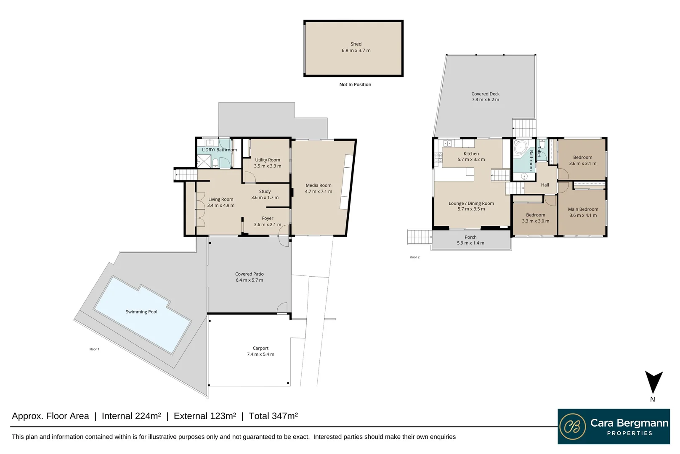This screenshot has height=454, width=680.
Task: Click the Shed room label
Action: [356, 44]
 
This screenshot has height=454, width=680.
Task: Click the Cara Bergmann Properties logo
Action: [614, 426]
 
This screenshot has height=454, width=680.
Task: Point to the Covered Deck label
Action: [485, 94]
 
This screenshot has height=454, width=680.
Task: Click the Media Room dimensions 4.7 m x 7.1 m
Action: [319, 192]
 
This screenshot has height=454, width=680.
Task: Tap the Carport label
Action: [260, 348]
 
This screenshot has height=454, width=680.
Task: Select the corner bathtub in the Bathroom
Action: [520, 148]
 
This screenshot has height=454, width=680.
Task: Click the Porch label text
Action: [470, 238]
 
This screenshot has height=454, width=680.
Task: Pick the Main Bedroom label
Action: [583, 209]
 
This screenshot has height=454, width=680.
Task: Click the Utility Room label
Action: [267, 160]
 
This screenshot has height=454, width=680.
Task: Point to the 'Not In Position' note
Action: [355, 85]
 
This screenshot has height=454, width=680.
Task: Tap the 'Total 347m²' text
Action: [273, 416]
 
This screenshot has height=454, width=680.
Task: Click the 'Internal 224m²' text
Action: [131, 416]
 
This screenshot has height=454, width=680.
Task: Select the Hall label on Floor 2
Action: [545, 185]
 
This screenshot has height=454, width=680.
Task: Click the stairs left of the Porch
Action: [420, 237]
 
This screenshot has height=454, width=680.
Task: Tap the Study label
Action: [265, 192]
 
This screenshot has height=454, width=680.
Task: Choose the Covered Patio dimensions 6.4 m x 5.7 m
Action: [249, 280]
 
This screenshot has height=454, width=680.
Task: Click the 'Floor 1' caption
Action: [94, 349]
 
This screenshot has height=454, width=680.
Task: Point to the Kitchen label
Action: [471, 154]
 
